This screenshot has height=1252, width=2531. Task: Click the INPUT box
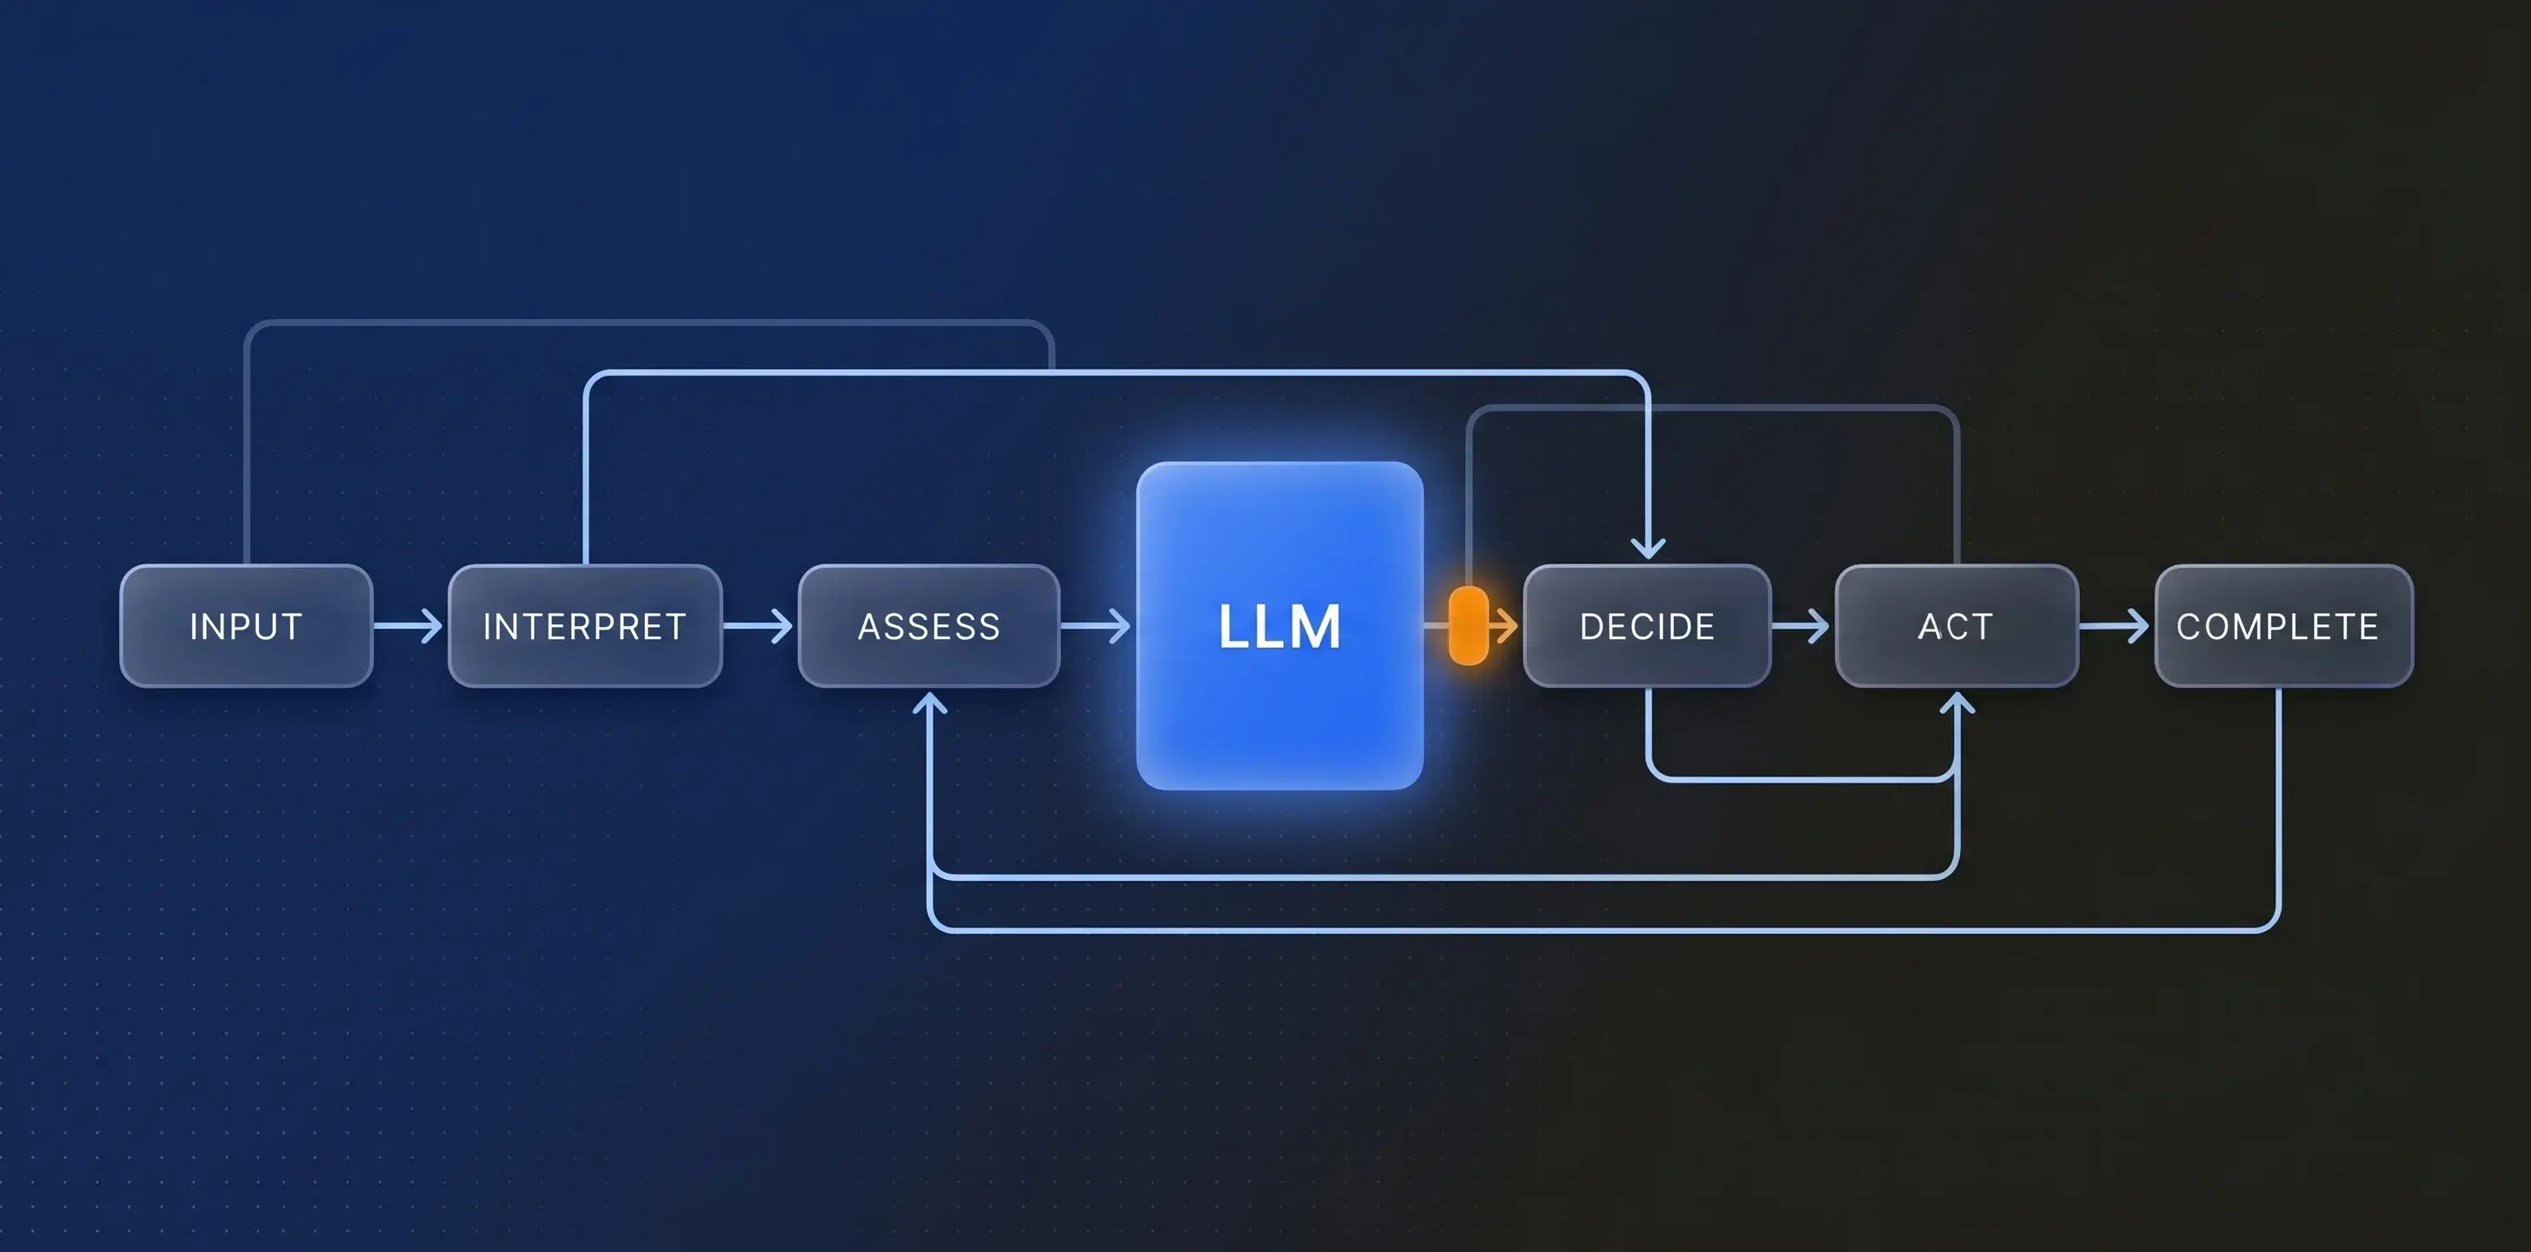tap(246, 626)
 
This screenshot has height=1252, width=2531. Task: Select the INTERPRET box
tap(585, 626)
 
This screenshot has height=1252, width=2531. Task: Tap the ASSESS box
tap(928, 626)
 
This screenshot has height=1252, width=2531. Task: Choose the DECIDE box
tap(1647, 626)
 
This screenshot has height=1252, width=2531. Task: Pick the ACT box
tap(1956, 626)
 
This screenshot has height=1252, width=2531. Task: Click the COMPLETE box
tap(2282, 626)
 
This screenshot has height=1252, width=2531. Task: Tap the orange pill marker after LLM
tap(1468, 626)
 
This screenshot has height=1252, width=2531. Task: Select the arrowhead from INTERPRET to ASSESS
tap(782, 626)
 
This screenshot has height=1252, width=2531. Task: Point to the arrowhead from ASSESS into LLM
tap(1120, 626)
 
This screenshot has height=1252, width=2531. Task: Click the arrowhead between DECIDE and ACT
tap(1818, 626)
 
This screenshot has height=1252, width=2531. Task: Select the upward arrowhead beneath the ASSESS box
tap(929, 703)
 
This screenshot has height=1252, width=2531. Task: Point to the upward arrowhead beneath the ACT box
tap(1957, 703)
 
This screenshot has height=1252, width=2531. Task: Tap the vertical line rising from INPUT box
tap(246, 452)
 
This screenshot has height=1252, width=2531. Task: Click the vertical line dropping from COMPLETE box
tap(2278, 806)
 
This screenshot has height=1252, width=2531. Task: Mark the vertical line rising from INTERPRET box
tap(586, 472)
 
